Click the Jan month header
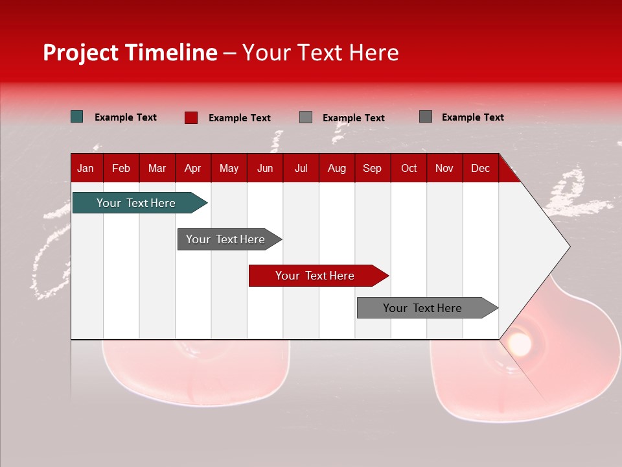tap(86, 168)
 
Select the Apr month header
tap(192, 168)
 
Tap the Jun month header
tap(265, 168)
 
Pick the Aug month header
tap(336, 168)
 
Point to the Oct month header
tap(409, 168)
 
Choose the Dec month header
tap(480, 168)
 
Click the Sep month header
tap(372, 168)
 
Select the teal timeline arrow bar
tap(136, 203)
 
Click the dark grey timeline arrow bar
tap(225, 239)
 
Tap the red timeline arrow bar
tap(315, 276)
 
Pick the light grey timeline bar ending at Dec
tap(422, 308)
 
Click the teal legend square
tap(77, 117)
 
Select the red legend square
tap(191, 117)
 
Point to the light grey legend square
tap(306, 117)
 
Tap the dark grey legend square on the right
tap(426, 117)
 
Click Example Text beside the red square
tap(240, 117)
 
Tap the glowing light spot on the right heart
tap(518, 341)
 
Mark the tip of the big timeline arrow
tap(568, 246)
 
